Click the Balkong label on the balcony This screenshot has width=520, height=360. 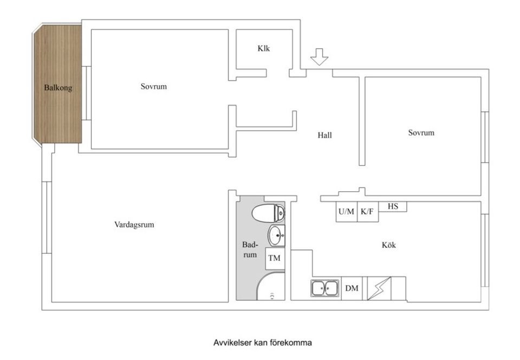pyautogui.click(x=58, y=87)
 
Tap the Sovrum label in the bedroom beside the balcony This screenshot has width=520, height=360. pyautogui.click(x=154, y=86)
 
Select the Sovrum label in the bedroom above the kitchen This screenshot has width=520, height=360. pyautogui.click(x=421, y=132)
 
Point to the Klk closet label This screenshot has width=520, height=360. pyautogui.click(x=264, y=48)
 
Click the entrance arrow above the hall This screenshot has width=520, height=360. pyautogui.click(x=320, y=56)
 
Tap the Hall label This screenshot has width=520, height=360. pyautogui.click(x=324, y=136)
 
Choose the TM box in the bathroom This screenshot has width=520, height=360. pyautogui.click(x=275, y=258)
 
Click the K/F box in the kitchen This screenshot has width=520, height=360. pyautogui.click(x=367, y=211)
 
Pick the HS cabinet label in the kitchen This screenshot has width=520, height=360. pyautogui.click(x=393, y=206)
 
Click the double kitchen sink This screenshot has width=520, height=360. pyautogui.click(x=325, y=288)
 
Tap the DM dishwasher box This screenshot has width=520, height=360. pyautogui.click(x=352, y=288)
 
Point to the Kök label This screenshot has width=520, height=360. pyautogui.click(x=389, y=245)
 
